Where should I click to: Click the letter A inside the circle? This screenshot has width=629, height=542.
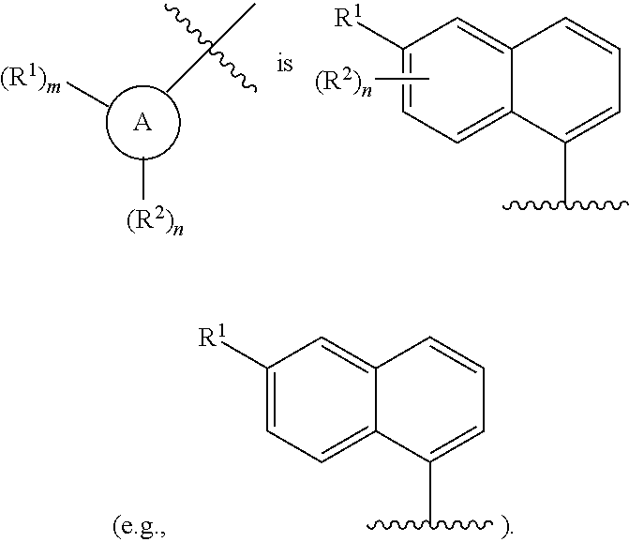[142, 122]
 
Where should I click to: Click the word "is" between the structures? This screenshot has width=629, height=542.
[284, 64]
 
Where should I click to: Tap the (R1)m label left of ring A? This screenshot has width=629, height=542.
[31, 78]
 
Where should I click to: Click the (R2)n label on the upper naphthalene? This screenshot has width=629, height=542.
[344, 83]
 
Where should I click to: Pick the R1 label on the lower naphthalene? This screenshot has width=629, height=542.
[212, 337]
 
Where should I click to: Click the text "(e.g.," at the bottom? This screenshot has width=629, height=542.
[139, 526]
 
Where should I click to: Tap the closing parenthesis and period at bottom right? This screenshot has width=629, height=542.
[506, 528]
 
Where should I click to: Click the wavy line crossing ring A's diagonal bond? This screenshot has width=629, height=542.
[210, 48]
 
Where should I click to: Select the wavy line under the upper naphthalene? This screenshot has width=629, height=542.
[565, 205]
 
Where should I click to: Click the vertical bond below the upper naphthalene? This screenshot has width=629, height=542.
[565, 173]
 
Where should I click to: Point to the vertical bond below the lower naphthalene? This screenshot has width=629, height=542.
[430, 493]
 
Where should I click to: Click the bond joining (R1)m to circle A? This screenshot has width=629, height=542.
[87, 95]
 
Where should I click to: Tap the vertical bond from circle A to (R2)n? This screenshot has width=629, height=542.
[143, 178]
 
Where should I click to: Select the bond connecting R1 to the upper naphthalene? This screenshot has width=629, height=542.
[381, 37]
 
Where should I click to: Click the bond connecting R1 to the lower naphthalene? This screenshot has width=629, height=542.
[245, 355]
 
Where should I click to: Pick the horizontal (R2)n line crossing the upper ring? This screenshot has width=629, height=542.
[402, 79]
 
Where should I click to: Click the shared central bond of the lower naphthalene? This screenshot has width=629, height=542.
[376, 399]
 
